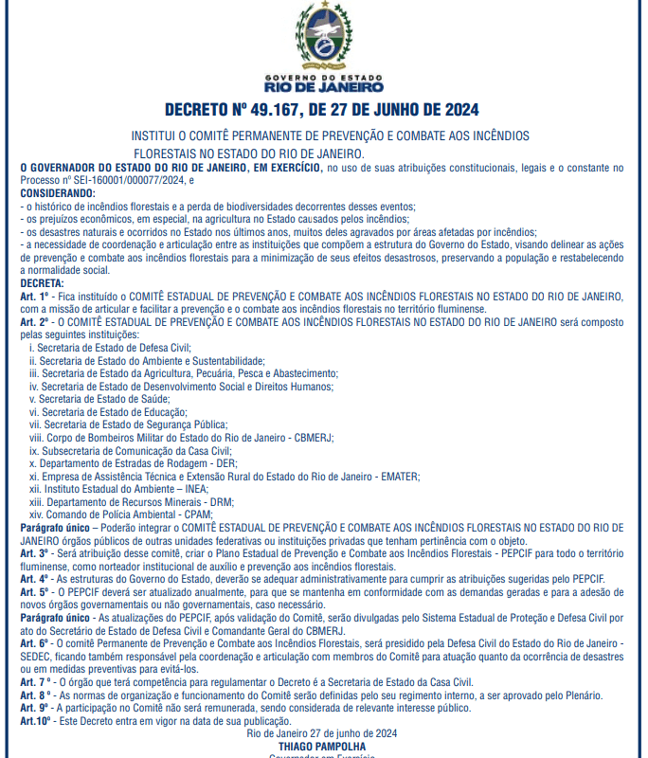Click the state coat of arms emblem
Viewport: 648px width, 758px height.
coord(323,36)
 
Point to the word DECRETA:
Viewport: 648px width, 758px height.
coord(43,283)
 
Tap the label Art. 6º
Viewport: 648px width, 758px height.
coord(35,642)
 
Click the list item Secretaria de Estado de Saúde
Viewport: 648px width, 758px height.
coord(113,400)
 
